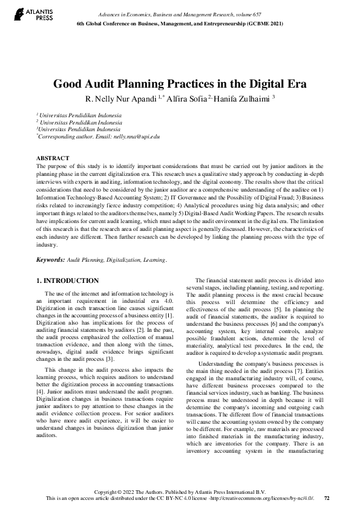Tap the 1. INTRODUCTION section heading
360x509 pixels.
pyautogui.click(x=68, y=280)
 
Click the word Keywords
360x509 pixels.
pyautogui.click(x=50, y=259)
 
